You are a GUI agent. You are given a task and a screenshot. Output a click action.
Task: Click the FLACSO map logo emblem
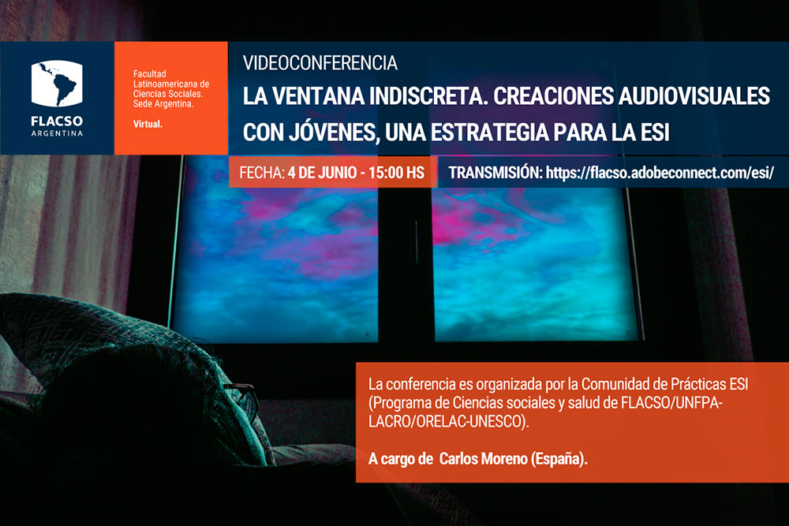57,84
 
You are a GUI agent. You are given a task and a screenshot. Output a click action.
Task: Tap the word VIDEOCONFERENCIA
320,63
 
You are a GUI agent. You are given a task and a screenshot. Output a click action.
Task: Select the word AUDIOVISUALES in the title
694,96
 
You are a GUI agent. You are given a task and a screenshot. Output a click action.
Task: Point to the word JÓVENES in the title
337,132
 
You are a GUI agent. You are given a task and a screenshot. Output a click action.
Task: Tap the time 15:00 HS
396,173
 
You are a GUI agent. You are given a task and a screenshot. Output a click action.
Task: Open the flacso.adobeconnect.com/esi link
660,173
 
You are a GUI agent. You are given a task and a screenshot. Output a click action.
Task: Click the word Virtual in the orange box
148,124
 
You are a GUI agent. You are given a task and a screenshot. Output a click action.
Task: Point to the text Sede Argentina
163,104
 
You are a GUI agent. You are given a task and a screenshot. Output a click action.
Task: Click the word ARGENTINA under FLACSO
57,133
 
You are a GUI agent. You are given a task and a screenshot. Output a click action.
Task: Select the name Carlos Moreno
484,459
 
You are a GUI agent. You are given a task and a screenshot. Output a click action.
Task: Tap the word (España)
559,459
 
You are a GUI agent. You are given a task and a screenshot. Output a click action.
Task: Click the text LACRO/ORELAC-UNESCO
448,421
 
